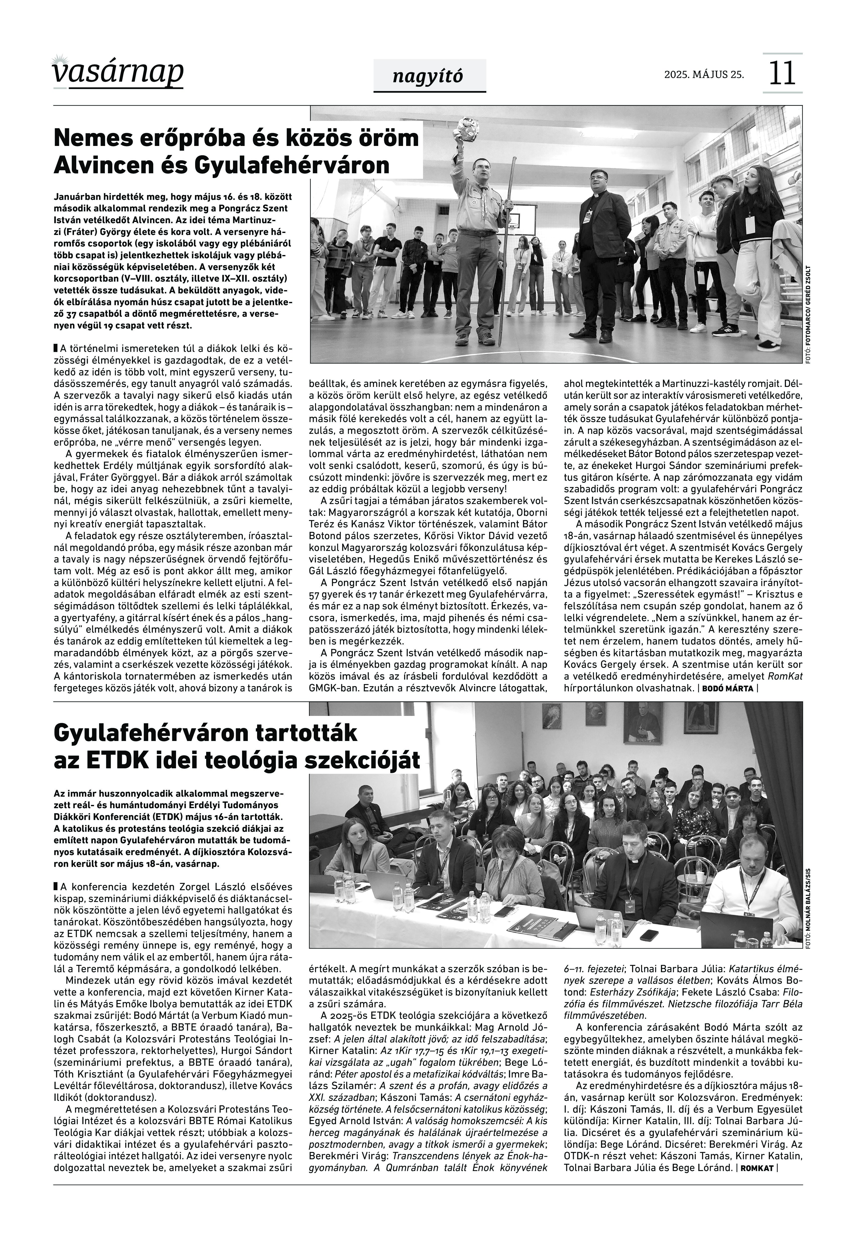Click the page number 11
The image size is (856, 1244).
[x=782, y=73]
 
